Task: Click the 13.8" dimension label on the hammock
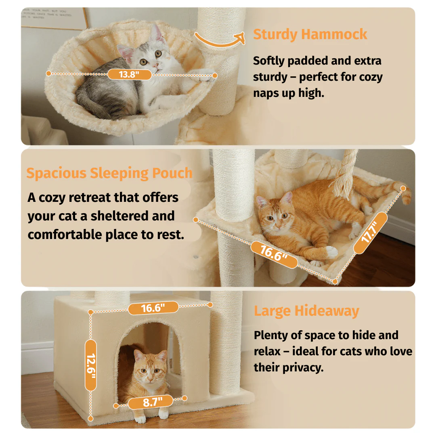[130, 75]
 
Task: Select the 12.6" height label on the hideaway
[91, 365]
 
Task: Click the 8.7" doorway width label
[151, 402]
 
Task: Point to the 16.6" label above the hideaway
[153, 308]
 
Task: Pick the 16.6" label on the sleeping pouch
[274, 254]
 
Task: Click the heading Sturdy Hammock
[310, 34]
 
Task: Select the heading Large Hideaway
[306, 311]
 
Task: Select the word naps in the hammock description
[266, 93]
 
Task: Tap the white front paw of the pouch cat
[332, 252]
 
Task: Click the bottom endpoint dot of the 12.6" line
[90, 418]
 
